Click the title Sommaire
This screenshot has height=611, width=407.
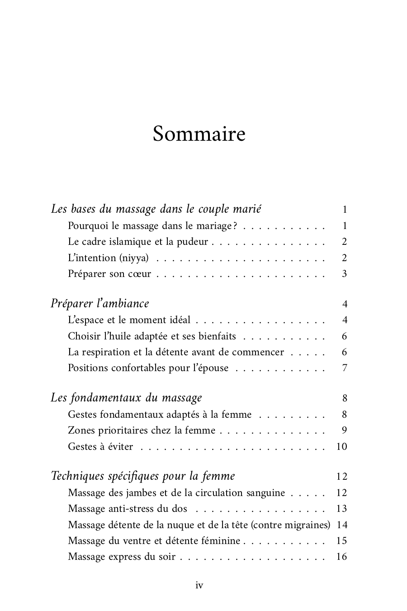(199, 134)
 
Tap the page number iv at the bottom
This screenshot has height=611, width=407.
(199, 586)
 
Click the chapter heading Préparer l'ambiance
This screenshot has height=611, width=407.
(100, 303)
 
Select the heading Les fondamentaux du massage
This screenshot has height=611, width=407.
(126, 398)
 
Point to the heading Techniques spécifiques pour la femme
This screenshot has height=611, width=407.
(143, 476)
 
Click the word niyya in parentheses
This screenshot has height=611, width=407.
(133, 258)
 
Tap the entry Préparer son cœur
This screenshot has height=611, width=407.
(109, 274)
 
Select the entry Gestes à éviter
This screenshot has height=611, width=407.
(100, 447)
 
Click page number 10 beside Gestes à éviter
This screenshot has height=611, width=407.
(341, 447)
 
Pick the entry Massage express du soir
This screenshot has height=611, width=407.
(121, 557)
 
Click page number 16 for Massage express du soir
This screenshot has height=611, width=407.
(341, 557)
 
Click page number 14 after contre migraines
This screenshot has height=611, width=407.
(342, 525)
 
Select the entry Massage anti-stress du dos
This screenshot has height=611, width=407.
(128, 509)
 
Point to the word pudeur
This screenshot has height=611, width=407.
(194, 242)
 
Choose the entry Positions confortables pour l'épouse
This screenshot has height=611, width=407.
(148, 368)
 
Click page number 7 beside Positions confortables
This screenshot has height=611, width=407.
(345, 368)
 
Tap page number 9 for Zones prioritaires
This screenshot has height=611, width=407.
(345, 430)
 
